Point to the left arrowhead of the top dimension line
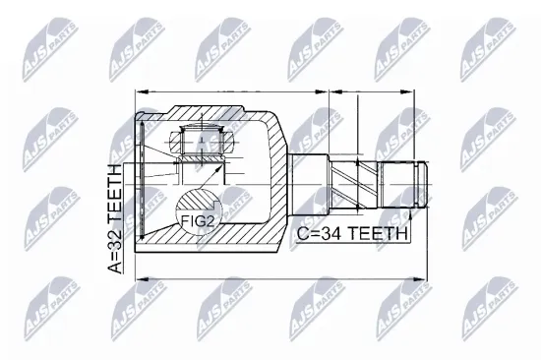pyautogui.click(x=139, y=91)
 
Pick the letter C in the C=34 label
pyautogui.click(x=300, y=234)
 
